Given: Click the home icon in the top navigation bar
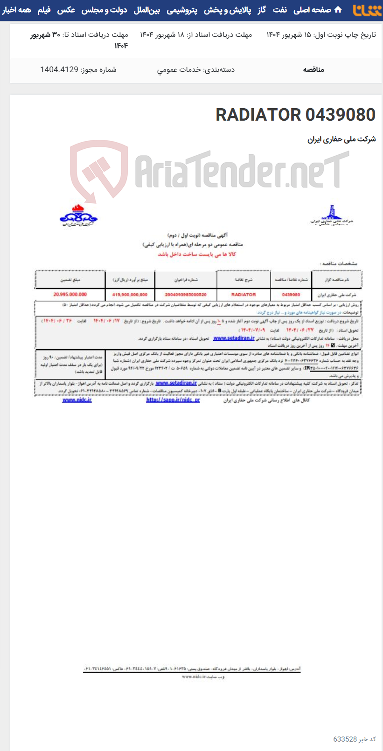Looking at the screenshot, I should [338, 10].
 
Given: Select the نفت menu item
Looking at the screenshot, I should [280, 10].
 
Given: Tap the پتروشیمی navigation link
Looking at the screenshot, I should [182, 10].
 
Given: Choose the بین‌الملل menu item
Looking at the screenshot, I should [147, 10].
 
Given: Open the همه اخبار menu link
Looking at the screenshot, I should [16, 10].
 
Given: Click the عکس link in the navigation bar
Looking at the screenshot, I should [66, 10].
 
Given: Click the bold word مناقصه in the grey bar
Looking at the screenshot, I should [313, 69].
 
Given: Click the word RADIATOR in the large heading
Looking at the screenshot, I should [258, 115].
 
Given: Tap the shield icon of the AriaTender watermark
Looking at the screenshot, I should [98, 170].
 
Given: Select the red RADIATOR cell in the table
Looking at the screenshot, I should [244, 295].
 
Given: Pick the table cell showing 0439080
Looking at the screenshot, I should [291, 295].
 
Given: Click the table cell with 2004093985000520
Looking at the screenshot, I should [186, 295].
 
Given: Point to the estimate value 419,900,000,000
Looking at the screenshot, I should [130, 295].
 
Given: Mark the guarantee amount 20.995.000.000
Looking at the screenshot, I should [70, 295].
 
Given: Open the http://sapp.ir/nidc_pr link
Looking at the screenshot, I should [173, 400].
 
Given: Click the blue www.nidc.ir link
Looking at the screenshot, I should [77, 400].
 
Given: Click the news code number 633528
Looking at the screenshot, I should [345, 739].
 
